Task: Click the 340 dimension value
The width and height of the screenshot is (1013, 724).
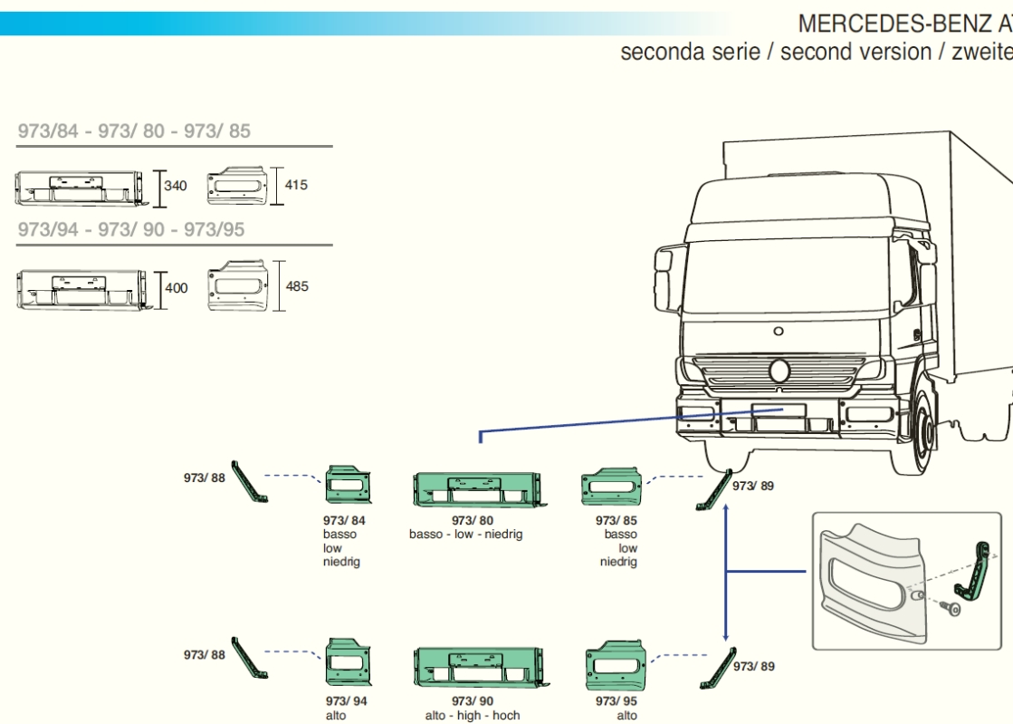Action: [175, 186]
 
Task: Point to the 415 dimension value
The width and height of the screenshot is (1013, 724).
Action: [296, 185]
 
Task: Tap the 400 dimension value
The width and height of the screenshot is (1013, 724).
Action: [177, 287]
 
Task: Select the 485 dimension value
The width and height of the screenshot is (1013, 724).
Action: [297, 285]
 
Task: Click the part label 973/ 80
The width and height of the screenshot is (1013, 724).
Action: [473, 520]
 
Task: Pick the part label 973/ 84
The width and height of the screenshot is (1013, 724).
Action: [344, 520]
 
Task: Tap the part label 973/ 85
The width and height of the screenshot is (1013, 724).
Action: [616, 520]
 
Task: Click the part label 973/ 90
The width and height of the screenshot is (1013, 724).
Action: [473, 700]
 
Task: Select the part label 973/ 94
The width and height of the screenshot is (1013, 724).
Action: [347, 700]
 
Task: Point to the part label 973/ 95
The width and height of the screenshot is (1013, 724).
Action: [616, 700]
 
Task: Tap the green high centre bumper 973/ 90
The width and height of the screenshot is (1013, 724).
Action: [482, 667]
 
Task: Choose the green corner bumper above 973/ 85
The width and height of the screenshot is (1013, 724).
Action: [612, 487]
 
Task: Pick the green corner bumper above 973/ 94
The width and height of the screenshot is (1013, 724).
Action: [349, 662]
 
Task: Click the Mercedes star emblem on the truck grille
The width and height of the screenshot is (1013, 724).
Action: [779, 371]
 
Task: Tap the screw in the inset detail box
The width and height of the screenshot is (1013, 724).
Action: [950, 608]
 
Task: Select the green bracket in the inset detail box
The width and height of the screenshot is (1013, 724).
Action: [972, 569]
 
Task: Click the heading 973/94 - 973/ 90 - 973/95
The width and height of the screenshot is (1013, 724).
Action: [131, 229]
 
